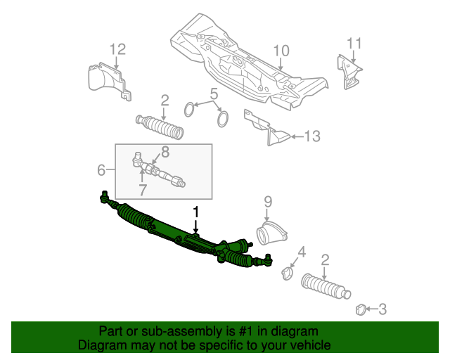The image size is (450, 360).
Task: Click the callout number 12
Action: point(118,49)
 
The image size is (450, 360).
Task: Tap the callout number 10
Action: point(281,51)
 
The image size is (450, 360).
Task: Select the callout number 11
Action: point(354,44)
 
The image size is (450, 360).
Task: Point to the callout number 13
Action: point(312,136)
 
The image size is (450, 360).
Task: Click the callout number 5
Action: point(214,94)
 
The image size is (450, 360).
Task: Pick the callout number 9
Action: point(267,202)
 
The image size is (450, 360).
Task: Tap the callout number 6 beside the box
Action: point(101,170)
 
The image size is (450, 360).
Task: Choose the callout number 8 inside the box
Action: point(165,152)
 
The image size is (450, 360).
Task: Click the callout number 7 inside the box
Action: point(143,190)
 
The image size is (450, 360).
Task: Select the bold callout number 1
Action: point(196,212)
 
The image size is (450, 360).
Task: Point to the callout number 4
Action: point(302,252)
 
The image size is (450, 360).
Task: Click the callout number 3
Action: point(382,309)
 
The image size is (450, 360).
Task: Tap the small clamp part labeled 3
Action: point(360,310)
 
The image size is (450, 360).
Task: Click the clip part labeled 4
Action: point(288,273)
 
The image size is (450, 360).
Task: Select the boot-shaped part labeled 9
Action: point(271,233)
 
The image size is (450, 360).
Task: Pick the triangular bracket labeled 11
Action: point(348,72)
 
